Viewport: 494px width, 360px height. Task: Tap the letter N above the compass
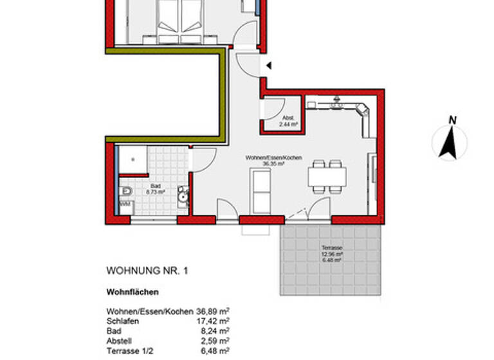coord(453,120)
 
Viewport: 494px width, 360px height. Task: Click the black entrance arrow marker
coord(269,66)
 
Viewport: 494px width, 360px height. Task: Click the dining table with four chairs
coord(327,175)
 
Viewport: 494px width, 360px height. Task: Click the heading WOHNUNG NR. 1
coord(147,271)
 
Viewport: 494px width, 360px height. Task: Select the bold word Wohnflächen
coord(133,292)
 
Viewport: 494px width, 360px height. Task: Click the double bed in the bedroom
coord(182,19)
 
